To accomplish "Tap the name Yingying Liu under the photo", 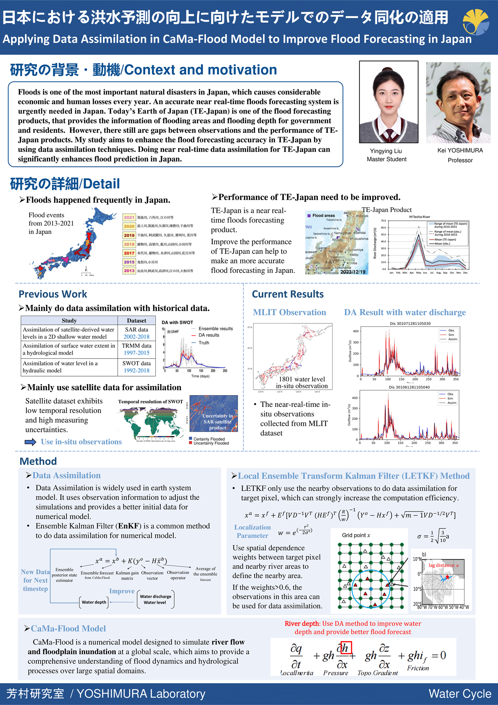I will (386, 151).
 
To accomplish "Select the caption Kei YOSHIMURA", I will (460, 150).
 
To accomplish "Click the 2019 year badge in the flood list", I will (129, 235).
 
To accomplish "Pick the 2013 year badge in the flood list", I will (129, 271).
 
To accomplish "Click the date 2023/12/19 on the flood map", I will (353, 272).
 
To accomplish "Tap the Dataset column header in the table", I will (136, 321).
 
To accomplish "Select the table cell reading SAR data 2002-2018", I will (136, 333).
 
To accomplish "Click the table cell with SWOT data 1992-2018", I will (136, 367).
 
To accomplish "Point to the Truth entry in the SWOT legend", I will (203, 343).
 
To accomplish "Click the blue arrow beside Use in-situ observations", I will (30, 442).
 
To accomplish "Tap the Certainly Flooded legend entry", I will (209, 439).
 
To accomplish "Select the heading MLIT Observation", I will (289, 312).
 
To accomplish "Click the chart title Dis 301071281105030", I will (410, 323).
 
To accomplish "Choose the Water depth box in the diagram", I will (94, 602).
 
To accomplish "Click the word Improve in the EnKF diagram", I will (122, 591).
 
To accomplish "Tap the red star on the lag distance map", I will (447, 577).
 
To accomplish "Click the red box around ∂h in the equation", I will (346, 648).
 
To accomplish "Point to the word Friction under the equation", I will (418, 668).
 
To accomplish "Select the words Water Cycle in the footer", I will (460, 694).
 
